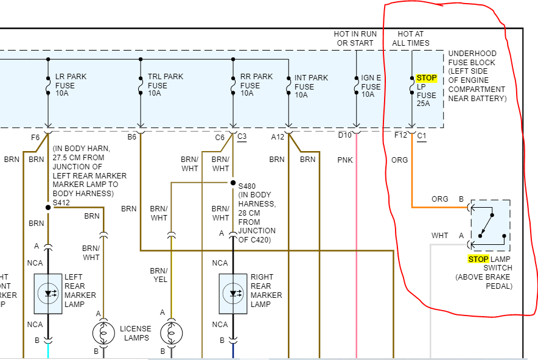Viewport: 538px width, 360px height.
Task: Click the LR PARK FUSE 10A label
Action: click(71, 85)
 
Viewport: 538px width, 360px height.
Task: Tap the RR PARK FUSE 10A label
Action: click(256, 85)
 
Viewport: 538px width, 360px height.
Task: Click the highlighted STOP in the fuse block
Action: click(427, 78)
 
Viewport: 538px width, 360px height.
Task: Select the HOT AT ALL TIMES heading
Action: click(411, 38)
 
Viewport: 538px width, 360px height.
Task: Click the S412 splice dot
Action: click(48, 207)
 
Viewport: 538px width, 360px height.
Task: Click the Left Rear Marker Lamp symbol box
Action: click(48, 294)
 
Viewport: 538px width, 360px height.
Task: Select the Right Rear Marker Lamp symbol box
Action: click(233, 294)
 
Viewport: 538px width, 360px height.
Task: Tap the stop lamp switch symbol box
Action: click(490, 225)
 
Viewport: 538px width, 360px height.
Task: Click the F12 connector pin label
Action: click(400, 135)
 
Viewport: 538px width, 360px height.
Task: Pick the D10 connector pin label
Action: click(345, 135)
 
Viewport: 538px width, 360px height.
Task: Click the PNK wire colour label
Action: click(345, 160)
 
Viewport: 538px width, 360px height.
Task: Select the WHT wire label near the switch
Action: click(439, 236)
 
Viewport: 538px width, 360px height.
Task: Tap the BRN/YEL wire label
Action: click(159, 275)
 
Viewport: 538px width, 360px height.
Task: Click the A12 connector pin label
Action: click(278, 137)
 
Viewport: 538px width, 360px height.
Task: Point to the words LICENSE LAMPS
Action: click(135, 334)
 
